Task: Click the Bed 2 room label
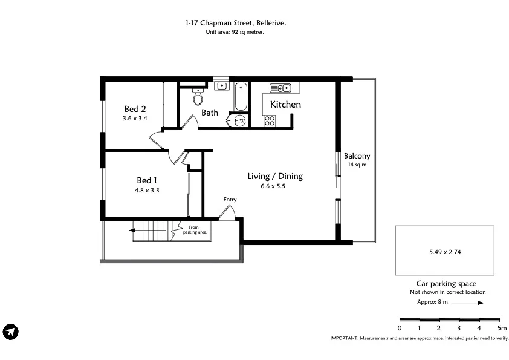[x=135, y=110]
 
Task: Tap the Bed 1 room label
[x=147, y=180]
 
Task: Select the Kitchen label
[x=285, y=105]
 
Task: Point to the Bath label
[x=210, y=113]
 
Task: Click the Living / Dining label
[x=275, y=177]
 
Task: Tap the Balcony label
[x=357, y=155]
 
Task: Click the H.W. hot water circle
[x=239, y=120]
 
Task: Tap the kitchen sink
[x=280, y=88]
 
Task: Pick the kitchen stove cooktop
[x=269, y=120]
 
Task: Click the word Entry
[x=230, y=200]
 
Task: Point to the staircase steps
[x=155, y=230]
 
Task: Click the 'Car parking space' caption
[x=446, y=284]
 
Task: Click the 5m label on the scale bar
[x=501, y=327]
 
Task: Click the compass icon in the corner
[x=11, y=332]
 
